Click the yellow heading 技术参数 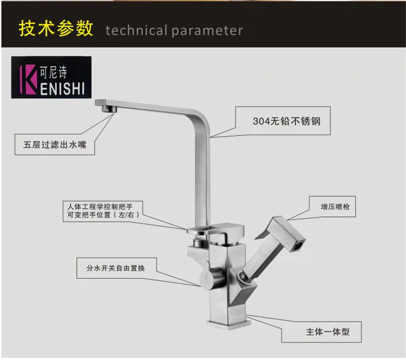pos(56,29)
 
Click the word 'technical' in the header pos(136,30)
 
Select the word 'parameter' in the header pos(207,31)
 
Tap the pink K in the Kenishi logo pos(28,80)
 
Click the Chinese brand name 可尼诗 pos(54,72)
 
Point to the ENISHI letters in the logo pos(62,89)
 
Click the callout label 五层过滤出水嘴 pos(55,145)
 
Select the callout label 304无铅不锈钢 pos(286,121)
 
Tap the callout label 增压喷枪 pos(335,207)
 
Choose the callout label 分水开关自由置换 pos(115,268)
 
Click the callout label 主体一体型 pos(328,332)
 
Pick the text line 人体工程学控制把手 pos(100,207)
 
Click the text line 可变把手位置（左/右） pos(103,215)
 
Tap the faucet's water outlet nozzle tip pos(109,109)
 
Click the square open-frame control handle pos(215,230)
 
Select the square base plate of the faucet pos(229,324)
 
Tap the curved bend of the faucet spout pos(202,119)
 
